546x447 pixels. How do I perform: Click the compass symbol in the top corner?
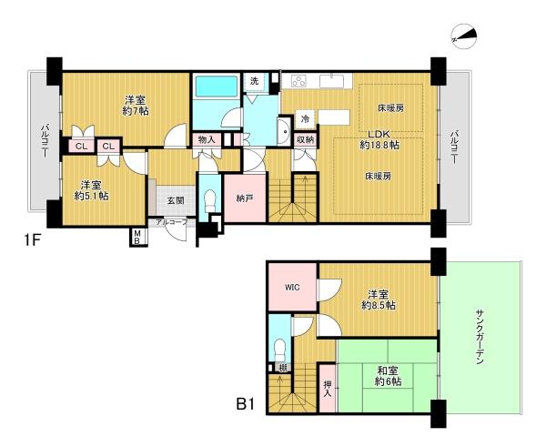coord(464,36)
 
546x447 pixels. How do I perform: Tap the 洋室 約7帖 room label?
coord(136,106)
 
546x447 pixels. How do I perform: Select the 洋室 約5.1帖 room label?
coord(91,190)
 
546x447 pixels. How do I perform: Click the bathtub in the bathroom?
coord(217,86)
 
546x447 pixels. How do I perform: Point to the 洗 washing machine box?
coord(255,82)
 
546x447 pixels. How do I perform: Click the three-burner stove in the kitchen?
coord(298,82)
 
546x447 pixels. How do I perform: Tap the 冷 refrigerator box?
coord(306,119)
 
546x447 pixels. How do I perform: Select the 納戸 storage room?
coord(245,198)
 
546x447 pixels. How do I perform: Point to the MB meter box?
coord(136,237)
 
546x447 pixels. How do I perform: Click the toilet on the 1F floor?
coord(210,202)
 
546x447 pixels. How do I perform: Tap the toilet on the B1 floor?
coord(280,350)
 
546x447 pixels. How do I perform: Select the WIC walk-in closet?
coord(292,287)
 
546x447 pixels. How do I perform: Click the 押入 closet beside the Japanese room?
coord(328,388)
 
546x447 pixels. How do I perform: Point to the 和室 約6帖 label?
coord(389,376)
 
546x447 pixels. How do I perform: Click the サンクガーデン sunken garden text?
coord(480,337)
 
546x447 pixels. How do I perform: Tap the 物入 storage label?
coord(207,139)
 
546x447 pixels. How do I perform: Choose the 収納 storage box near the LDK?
coord(306,140)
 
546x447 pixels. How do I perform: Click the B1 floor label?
coord(246,405)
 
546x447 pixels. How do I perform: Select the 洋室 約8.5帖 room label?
coord(379,300)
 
